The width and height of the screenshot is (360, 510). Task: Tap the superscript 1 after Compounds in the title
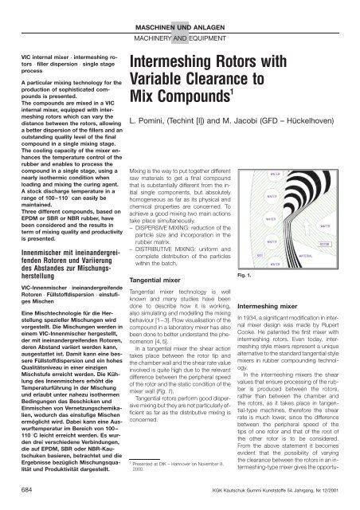pyautogui.click(x=248, y=100)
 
